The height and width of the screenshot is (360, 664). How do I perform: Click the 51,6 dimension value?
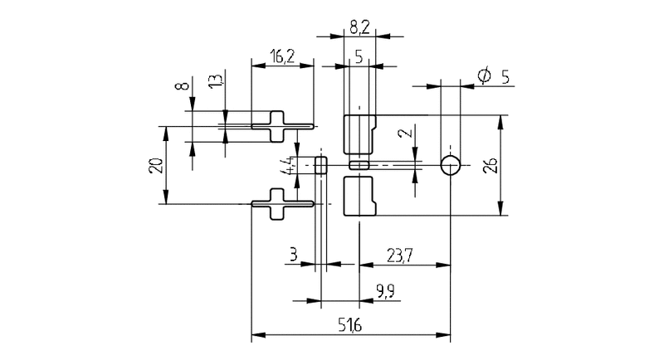tap(350, 324)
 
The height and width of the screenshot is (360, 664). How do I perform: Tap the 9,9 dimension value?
tap(384, 290)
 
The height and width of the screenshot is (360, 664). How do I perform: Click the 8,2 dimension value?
tap(360, 27)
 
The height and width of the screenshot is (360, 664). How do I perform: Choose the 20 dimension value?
tap(154, 164)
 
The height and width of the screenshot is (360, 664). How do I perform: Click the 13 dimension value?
tap(215, 83)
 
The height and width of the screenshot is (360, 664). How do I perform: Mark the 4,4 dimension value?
tap(286, 164)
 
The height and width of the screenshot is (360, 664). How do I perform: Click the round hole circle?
tap(451, 165)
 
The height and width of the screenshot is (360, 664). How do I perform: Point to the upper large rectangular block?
tap(359, 135)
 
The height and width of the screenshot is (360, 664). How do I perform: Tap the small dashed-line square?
tap(321, 165)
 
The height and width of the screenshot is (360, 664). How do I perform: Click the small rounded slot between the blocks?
tap(359, 165)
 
